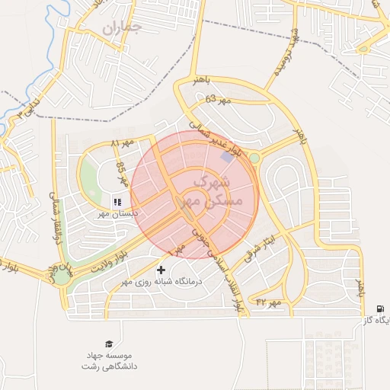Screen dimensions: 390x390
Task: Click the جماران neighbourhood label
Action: coord(122,28)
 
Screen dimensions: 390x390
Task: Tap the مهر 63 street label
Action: coord(217,99)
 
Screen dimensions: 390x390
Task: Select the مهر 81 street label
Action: coord(122,143)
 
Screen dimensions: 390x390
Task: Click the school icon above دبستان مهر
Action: coord(117,202)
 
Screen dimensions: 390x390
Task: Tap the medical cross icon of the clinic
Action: coord(161,270)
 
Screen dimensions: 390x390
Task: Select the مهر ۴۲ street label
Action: coord(268,303)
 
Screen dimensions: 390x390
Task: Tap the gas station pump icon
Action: coord(379,308)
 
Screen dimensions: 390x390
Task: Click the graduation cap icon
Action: coord(110,344)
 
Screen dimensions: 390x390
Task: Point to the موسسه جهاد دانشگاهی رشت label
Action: coord(110,360)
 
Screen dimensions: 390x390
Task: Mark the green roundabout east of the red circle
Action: coord(254,158)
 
